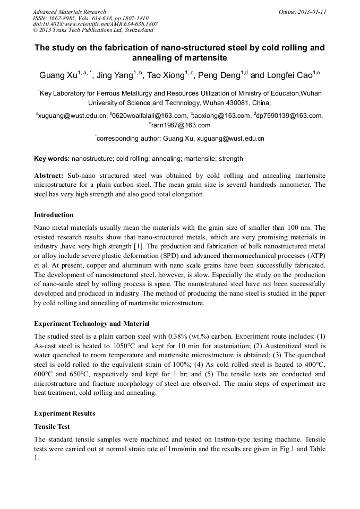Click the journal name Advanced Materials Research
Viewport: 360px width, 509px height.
pos(69,12)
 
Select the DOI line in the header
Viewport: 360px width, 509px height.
pos(95,24)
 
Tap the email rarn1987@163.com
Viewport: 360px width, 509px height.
pos(181,125)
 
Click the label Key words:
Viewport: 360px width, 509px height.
pos(52,159)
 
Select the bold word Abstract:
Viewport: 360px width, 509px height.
pos(49,176)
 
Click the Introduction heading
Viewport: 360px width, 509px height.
pos(54,215)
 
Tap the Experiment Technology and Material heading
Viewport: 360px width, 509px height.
pos(92,323)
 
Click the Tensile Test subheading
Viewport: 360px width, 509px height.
pos(52,427)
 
